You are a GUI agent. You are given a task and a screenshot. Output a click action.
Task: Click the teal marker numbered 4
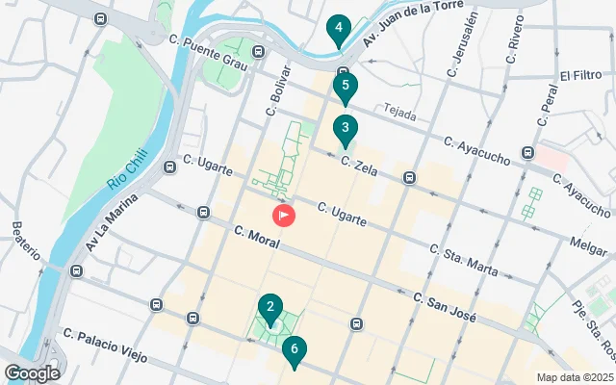[337, 30]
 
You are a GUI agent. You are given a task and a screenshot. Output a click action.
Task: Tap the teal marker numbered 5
[346, 88]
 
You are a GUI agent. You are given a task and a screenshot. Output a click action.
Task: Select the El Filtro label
[580, 75]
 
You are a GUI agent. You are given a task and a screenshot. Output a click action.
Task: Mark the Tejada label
[398, 114]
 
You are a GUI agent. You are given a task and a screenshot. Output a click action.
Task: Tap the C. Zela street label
[359, 168]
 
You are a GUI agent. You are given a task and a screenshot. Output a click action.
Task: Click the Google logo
[32, 372]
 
